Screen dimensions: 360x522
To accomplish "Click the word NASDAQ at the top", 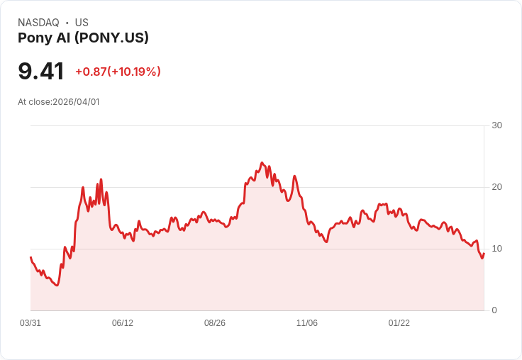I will pos(38,23).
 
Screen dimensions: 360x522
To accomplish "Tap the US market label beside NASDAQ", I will pos(82,23).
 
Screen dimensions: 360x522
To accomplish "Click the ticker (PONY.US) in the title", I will pos(111,38).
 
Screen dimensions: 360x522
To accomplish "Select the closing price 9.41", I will pos(41,71).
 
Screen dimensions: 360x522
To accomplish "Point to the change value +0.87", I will pos(91,72).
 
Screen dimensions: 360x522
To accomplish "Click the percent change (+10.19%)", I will pos(134,72).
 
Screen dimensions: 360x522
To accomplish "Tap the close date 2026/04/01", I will pos(76,102).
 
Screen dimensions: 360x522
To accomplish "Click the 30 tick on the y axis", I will pos(496,125).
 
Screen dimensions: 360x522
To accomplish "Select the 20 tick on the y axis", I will pos(496,187).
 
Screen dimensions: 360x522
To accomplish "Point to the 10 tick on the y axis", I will pos(496,249).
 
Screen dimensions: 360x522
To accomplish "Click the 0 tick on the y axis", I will pos(494,310).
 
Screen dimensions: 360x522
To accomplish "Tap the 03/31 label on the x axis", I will pos(30,323).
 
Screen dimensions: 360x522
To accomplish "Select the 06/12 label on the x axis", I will pos(123,323).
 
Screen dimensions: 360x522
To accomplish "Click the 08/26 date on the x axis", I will pos(215,323).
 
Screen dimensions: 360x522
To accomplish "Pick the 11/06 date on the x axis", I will pos(307,323).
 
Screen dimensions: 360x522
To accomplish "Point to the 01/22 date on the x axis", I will pos(399,323).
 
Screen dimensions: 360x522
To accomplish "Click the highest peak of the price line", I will pos(262,162).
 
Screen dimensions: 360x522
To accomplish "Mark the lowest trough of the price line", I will pos(57,285).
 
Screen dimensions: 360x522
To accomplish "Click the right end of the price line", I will pos(484,253).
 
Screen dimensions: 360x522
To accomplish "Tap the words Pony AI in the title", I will pos(44,38).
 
